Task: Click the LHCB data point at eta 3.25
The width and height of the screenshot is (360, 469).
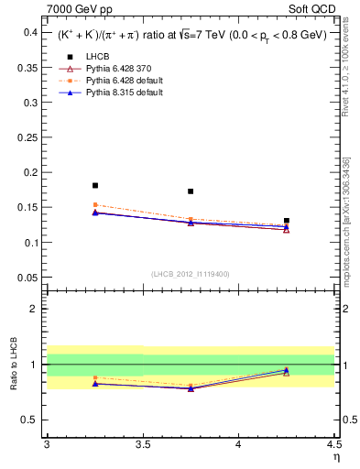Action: [95, 185]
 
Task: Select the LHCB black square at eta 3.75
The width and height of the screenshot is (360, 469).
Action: [191, 191]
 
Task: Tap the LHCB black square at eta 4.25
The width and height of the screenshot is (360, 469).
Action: [287, 221]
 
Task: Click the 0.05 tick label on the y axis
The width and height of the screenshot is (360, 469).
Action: [28, 278]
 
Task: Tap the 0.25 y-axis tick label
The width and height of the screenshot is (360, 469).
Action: [28, 137]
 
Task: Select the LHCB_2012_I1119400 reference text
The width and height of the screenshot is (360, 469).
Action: [191, 274]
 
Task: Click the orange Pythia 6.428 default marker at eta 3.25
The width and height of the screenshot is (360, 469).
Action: [95, 205]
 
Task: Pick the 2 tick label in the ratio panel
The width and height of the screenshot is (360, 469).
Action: [36, 309]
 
